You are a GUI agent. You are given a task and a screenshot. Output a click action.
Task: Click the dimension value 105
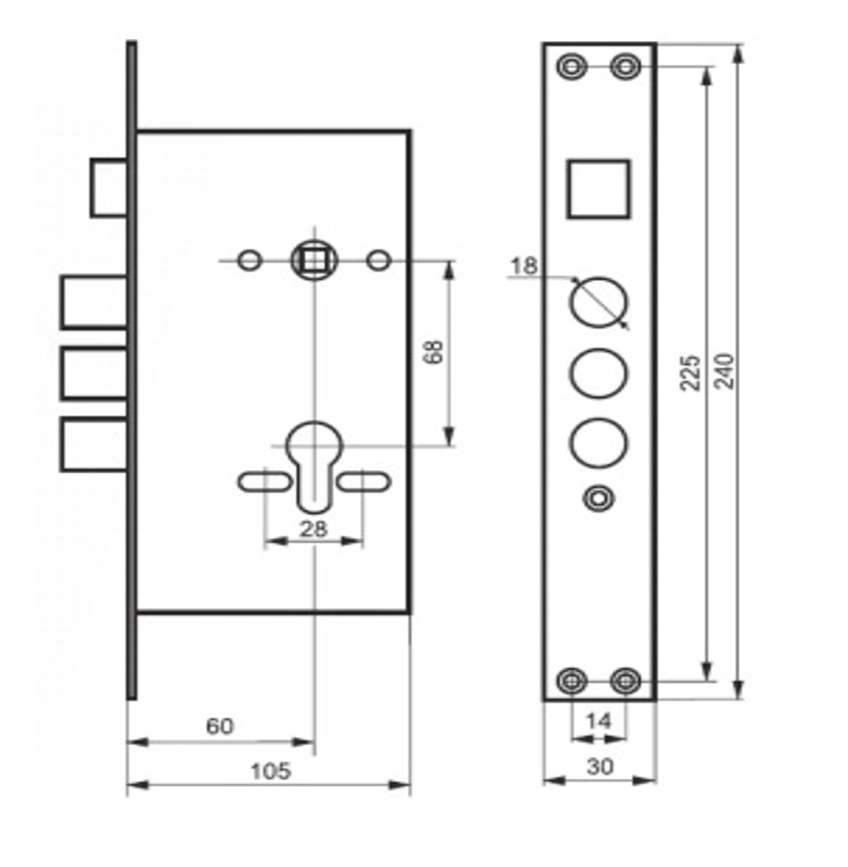tap(271, 770)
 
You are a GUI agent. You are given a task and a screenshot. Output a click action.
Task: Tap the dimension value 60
tap(220, 726)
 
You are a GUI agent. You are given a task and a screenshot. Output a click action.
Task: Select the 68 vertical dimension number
tap(434, 352)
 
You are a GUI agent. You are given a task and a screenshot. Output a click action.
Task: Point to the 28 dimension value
tap(314, 530)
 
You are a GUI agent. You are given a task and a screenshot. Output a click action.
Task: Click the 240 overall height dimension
tap(724, 372)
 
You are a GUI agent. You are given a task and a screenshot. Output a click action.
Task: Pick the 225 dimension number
tap(690, 373)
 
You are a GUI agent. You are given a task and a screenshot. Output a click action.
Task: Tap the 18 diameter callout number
tap(524, 266)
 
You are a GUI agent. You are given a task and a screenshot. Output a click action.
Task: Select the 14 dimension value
tap(599, 721)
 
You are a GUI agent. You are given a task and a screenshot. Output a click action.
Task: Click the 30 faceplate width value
tap(600, 767)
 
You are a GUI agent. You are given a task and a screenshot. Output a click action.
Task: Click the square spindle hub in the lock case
tap(315, 260)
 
